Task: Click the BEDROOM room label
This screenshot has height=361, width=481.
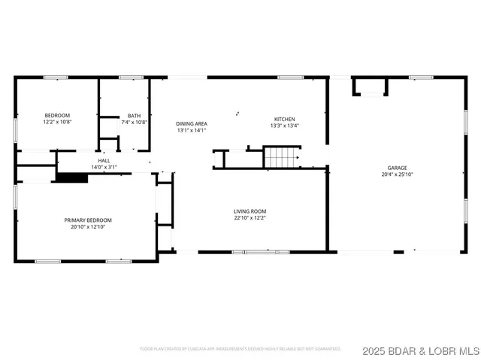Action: point(56,115)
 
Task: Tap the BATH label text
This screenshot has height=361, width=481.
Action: point(134,115)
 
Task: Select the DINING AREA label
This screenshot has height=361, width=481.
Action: point(191,123)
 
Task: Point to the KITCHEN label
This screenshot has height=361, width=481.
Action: point(284,119)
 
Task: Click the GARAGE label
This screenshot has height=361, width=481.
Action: point(397,168)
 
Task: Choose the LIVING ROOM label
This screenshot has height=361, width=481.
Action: point(250,211)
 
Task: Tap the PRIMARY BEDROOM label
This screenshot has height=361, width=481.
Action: point(87,220)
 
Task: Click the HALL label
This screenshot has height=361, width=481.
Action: point(104,160)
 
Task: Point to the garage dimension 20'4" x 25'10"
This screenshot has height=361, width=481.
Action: point(397,174)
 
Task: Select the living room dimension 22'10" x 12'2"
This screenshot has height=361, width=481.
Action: point(250,218)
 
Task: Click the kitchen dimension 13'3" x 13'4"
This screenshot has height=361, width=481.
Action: point(284,126)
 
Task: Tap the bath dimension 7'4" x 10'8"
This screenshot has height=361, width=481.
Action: point(134,122)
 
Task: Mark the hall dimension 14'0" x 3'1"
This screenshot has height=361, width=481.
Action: point(104,167)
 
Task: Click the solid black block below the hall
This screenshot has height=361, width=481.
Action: point(72,177)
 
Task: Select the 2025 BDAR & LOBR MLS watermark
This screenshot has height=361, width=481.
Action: point(419,350)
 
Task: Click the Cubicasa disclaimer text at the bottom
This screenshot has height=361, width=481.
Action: point(240,349)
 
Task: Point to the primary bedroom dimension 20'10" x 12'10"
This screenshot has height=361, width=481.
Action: point(87,226)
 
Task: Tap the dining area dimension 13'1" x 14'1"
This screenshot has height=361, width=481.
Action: point(191,130)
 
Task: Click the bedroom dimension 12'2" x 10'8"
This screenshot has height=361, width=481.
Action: point(56,122)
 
